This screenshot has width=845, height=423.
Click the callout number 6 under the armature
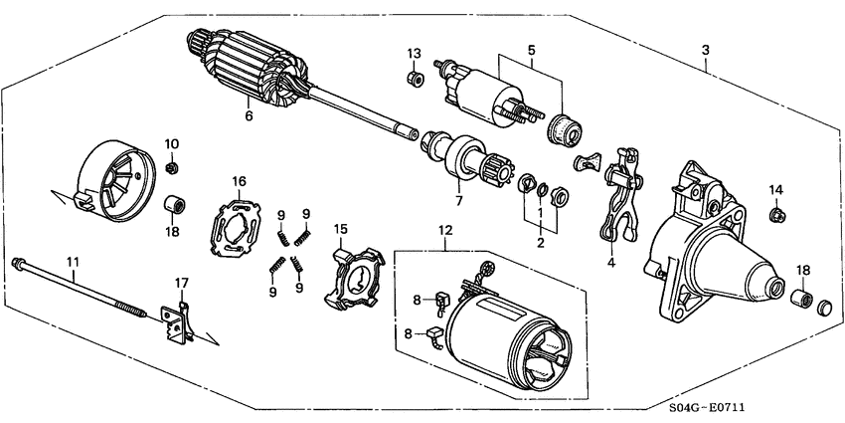pyautogui.click(x=249, y=116)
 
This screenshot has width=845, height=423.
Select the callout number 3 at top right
pyautogui.click(x=705, y=50)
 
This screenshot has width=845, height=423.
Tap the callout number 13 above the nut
pyautogui.click(x=415, y=53)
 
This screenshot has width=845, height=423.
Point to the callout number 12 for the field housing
pyautogui.click(x=444, y=232)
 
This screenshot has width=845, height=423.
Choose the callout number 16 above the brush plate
pyautogui.click(x=239, y=181)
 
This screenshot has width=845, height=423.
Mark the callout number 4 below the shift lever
pyautogui.click(x=611, y=264)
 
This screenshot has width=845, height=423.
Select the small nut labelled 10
pyautogui.click(x=171, y=166)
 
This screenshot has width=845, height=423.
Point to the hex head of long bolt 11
pyautogui.click(x=19, y=263)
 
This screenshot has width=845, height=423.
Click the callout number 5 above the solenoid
pyautogui.click(x=531, y=49)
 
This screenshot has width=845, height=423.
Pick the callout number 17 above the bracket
pyautogui.click(x=181, y=284)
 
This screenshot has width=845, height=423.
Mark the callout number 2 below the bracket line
pyautogui.click(x=540, y=242)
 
